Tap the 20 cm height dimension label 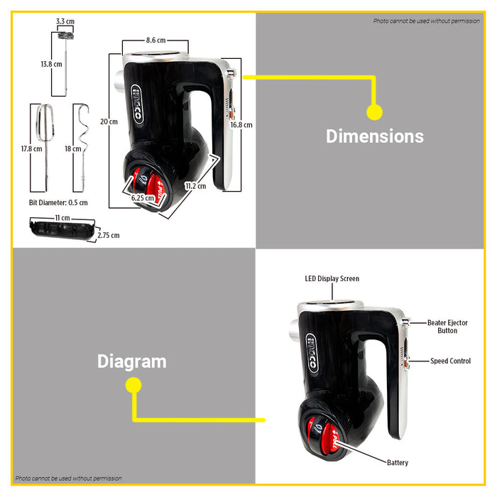[x=109, y=121]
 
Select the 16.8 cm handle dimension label [x=241, y=124]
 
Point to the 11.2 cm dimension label [x=195, y=186]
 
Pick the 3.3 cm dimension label [x=65, y=21]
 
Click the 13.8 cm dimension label [x=50, y=64]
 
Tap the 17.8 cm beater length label [x=31, y=149]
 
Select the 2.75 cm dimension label [x=109, y=235]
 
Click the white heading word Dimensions [x=374, y=136]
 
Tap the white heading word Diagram [x=132, y=361]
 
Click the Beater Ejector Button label [x=447, y=327]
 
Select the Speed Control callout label [x=450, y=361]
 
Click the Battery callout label [x=398, y=463]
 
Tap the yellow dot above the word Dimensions [x=374, y=111]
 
